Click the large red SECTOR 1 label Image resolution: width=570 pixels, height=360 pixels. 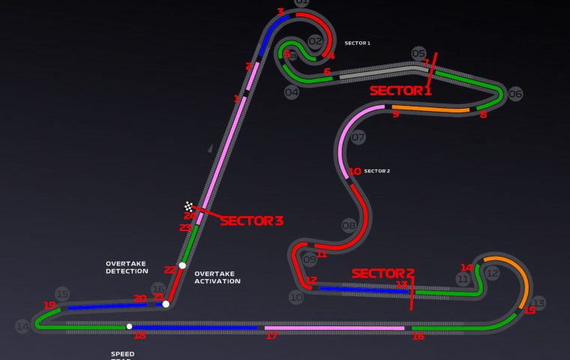point(400,91)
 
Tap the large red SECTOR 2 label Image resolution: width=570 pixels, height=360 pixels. point(382,273)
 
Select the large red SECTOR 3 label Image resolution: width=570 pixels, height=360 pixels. point(251,220)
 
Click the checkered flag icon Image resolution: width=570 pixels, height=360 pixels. point(189,206)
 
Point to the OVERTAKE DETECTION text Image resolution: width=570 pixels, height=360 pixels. point(127,267)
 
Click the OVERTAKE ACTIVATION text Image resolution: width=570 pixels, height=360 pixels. point(217,277)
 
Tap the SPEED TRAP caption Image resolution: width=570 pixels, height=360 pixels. point(123,355)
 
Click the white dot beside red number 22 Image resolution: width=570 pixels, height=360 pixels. point(182,265)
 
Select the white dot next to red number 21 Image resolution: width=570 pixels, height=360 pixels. point(166,304)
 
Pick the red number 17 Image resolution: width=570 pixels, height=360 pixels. point(271,335)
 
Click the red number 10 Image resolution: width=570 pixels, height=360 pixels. point(355,171)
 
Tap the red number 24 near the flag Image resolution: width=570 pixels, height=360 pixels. point(190,216)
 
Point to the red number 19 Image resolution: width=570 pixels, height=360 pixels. point(49,305)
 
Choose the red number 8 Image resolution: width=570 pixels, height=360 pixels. point(483,115)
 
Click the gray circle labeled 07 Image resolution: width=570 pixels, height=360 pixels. point(358,137)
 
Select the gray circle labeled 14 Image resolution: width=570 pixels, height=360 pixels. point(22,326)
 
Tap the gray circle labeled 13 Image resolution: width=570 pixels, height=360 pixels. point(538,303)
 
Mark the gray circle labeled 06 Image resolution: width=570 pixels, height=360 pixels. point(515,94)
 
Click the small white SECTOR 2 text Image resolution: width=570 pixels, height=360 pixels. point(376,171)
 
